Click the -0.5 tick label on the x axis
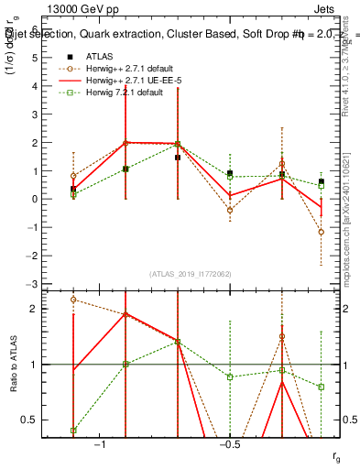228,443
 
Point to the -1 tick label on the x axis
101,443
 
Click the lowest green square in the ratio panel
73,430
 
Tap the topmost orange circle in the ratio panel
73,300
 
